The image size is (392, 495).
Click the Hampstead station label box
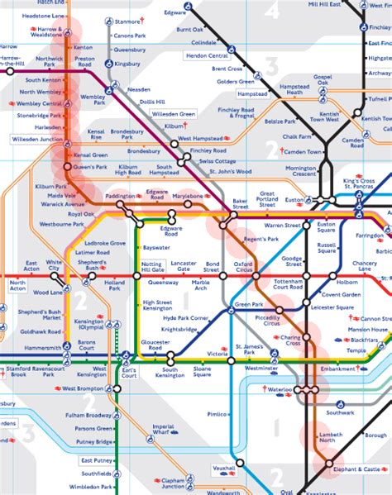[x=252, y=94]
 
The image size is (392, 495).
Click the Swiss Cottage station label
[x=218, y=162]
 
